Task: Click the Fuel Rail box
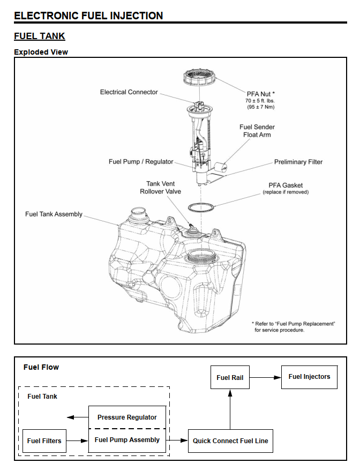coord(230,377)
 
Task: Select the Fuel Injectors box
coord(309,377)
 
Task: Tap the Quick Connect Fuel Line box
coord(230,441)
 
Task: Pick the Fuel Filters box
coord(44,441)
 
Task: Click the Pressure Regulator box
coord(127,417)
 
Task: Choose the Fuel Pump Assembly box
coord(127,440)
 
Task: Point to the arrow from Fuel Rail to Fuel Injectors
coord(265,377)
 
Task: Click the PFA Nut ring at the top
coord(199,79)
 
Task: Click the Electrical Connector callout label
coord(129,92)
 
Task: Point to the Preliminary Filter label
coord(298,162)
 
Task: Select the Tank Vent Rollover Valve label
coord(160,188)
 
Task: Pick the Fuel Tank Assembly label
coord(54,214)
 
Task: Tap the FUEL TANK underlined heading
coord(39,36)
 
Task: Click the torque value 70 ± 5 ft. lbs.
coord(261,101)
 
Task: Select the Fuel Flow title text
coord(41,367)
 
